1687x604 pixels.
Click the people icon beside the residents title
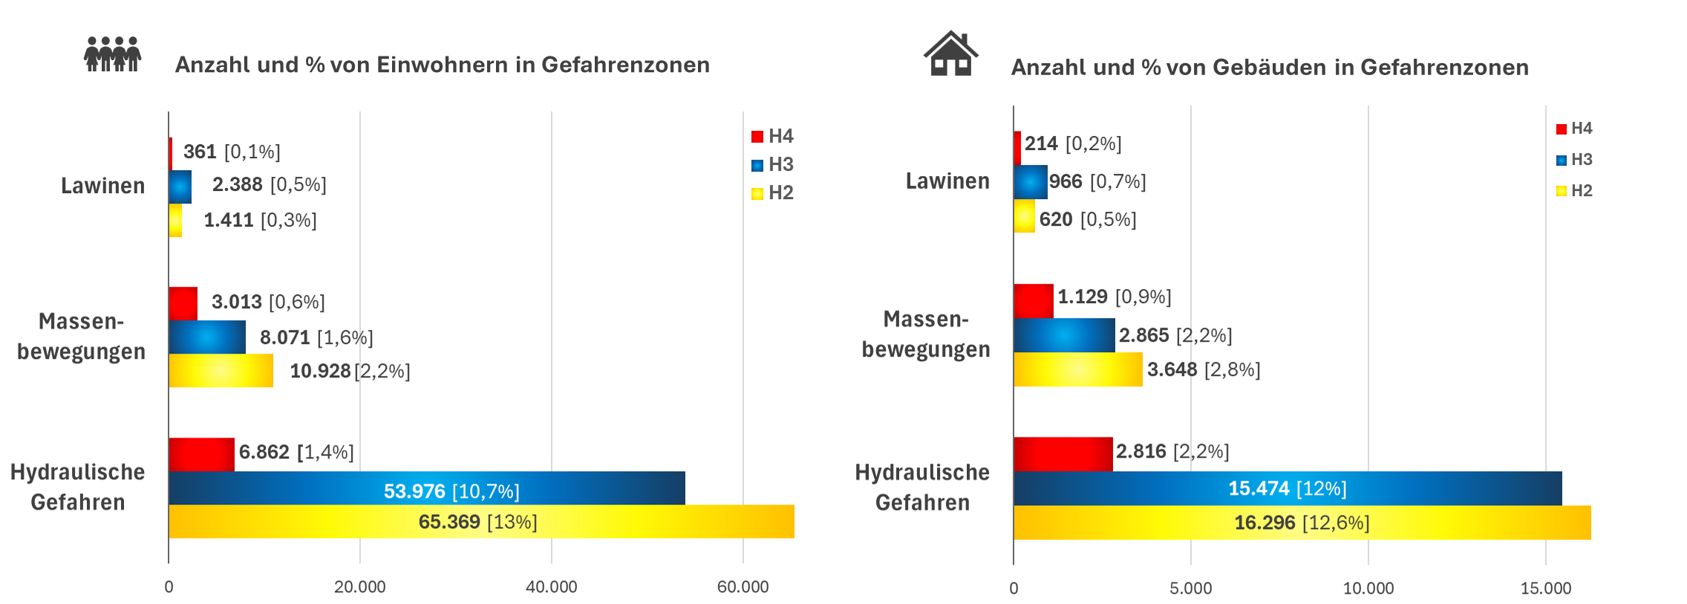(x=112, y=54)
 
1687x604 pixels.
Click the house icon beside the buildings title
(x=950, y=54)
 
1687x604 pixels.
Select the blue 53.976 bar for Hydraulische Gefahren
(x=426, y=488)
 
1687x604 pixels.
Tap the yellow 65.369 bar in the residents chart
(x=481, y=522)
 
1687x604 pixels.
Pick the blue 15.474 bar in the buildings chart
(x=1287, y=488)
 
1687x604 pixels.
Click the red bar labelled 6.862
(x=201, y=454)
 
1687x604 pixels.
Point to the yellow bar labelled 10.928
(x=221, y=370)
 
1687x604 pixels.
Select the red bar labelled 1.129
(x=1033, y=301)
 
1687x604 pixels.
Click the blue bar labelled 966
(x=1030, y=182)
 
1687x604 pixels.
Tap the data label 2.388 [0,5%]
(x=269, y=184)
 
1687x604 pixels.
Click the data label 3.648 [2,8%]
(x=1203, y=370)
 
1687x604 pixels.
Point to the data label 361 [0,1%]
(x=232, y=152)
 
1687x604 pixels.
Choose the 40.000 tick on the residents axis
(x=551, y=587)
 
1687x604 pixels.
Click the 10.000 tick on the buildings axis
(x=1368, y=588)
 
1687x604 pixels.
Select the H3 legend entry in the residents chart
(x=773, y=164)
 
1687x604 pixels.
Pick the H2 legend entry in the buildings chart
(x=1574, y=191)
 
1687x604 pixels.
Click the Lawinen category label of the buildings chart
(x=947, y=181)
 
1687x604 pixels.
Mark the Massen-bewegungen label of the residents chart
(x=82, y=336)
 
